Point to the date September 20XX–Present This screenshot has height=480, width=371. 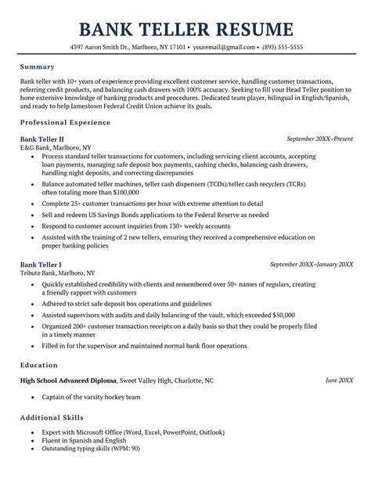tap(319, 139)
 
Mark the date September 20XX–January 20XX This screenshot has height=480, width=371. tap(311, 264)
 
